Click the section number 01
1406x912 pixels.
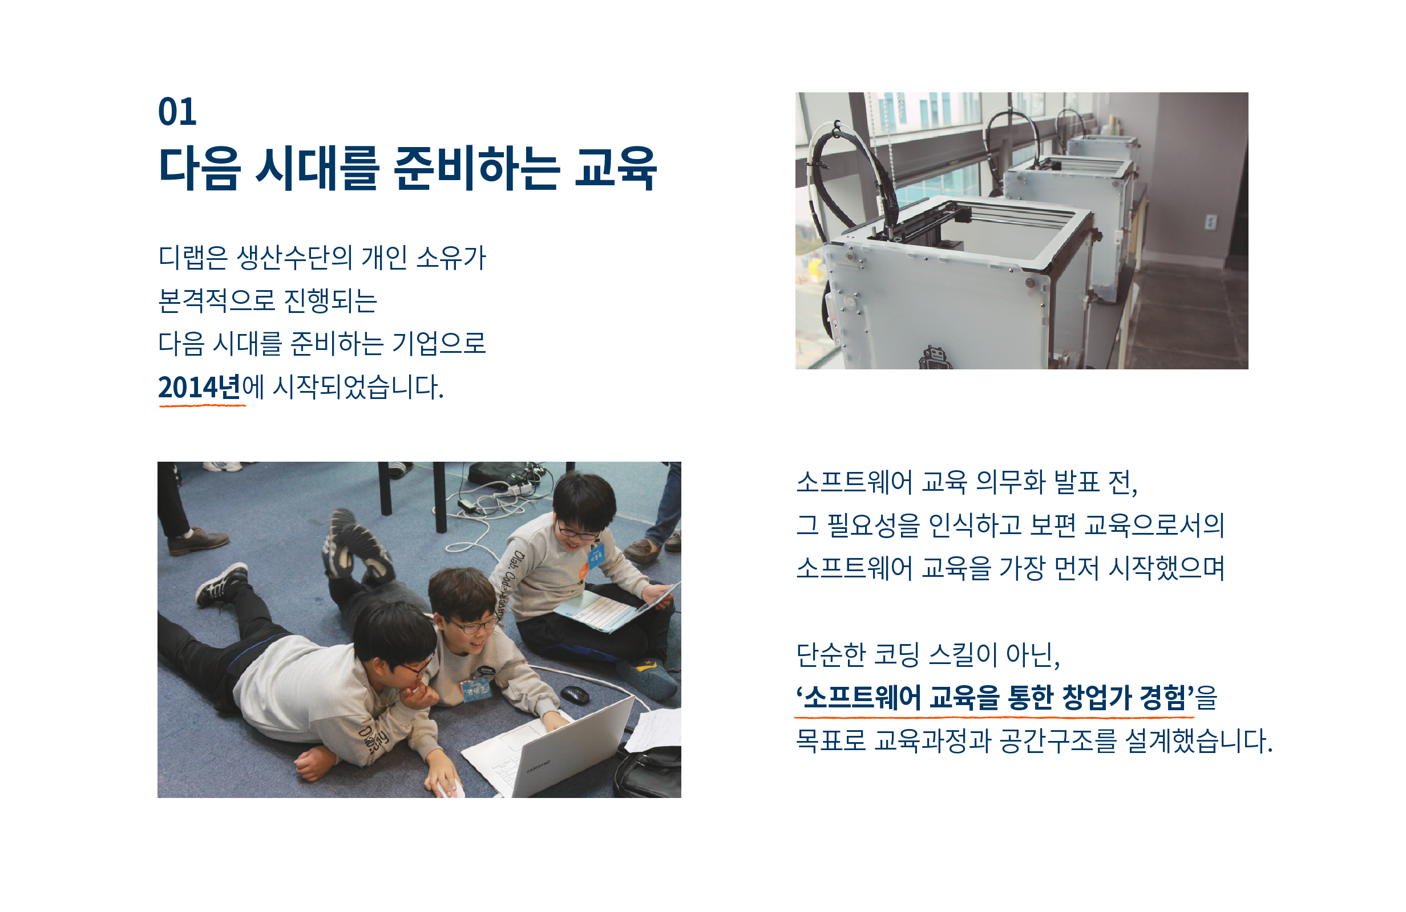click(177, 112)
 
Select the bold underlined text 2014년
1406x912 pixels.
click(200, 387)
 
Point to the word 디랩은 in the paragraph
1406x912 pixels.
click(193, 258)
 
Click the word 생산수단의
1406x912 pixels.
click(294, 258)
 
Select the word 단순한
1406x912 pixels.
click(831, 654)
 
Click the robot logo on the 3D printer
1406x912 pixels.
click(935, 358)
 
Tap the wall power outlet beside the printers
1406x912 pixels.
click(1210, 222)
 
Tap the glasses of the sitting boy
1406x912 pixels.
click(576, 533)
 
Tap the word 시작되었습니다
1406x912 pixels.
click(358, 387)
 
